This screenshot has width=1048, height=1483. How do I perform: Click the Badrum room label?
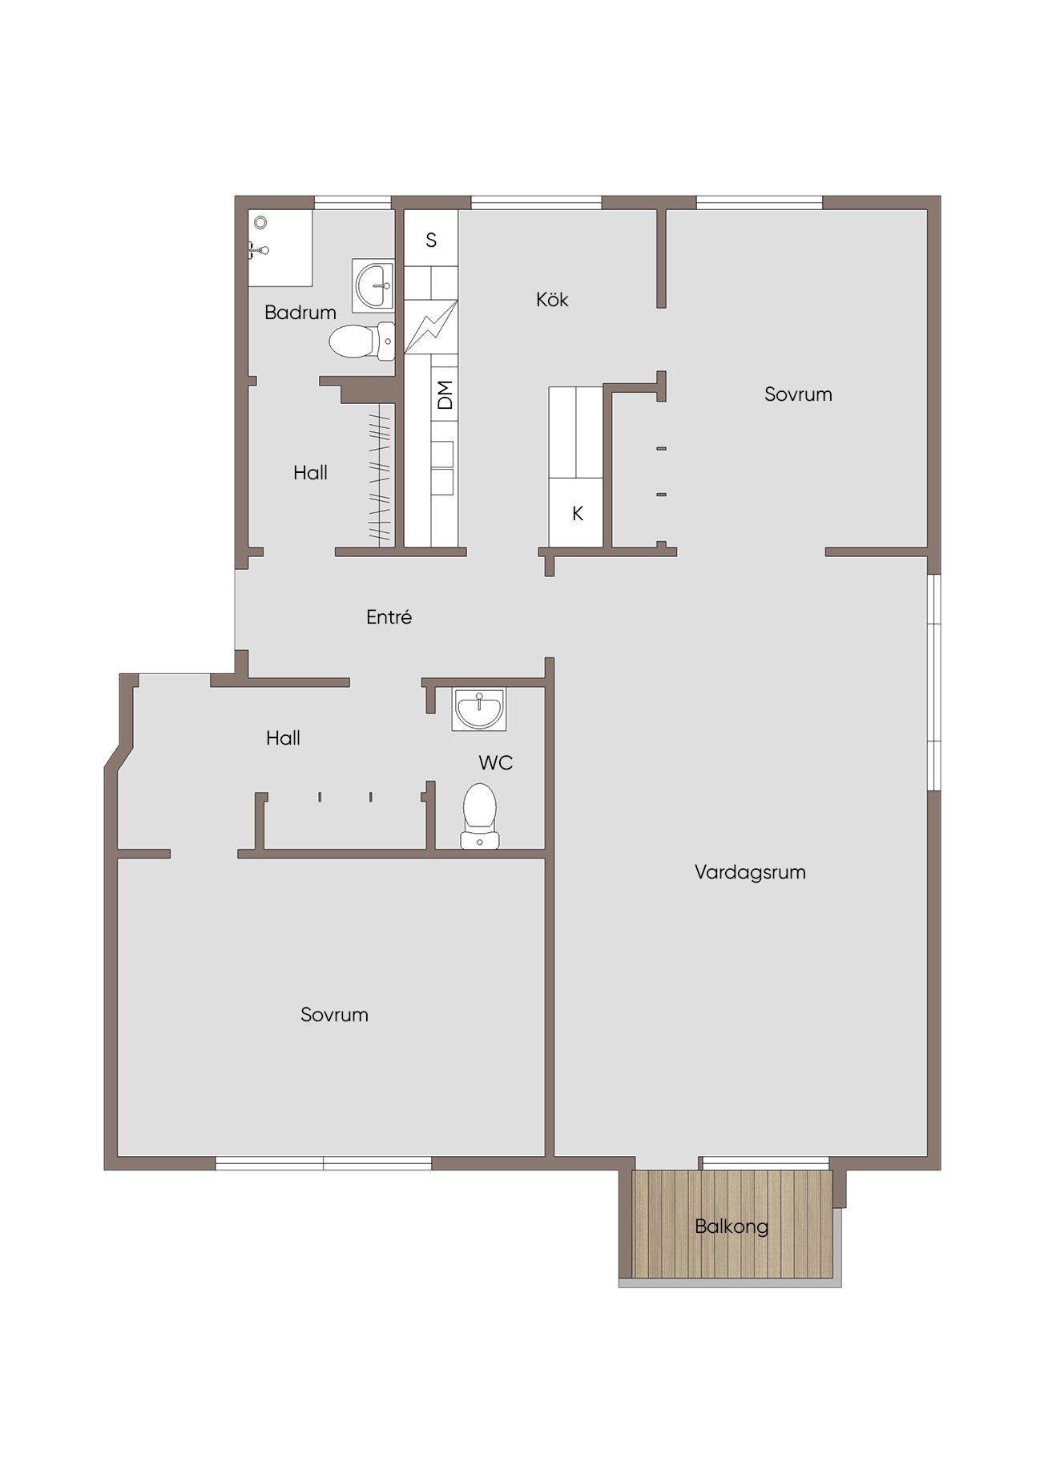click(x=300, y=313)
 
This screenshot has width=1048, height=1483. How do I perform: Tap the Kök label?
click(x=552, y=299)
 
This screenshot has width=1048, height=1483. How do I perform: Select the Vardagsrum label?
click(x=750, y=872)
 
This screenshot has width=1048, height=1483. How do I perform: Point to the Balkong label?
click(x=732, y=1226)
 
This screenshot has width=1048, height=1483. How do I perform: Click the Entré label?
click(x=389, y=617)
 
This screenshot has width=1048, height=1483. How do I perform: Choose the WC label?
click(x=495, y=762)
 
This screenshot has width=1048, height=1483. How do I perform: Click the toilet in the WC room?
click(x=479, y=814)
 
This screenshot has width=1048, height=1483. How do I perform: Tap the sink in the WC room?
click(x=478, y=709)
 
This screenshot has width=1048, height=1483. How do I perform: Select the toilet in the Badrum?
click(x=361, y=341)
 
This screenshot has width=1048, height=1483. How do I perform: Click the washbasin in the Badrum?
click(x=373, y=285)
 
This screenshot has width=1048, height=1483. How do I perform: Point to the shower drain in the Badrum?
click(x=259, y=222)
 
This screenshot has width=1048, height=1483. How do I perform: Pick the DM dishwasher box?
click(x=445, y=394)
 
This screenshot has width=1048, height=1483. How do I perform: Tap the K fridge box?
click(x=576, y=514)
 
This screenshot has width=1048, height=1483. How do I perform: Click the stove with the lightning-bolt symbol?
click(x=430, y=326)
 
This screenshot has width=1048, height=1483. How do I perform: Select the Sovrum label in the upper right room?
click(x=798, y=394)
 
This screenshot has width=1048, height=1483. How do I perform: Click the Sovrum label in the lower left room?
click(x=334, y=1015)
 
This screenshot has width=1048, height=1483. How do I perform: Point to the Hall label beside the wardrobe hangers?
click(x=310, y=473)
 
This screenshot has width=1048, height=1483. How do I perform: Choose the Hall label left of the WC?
click(x=283, y=738)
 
